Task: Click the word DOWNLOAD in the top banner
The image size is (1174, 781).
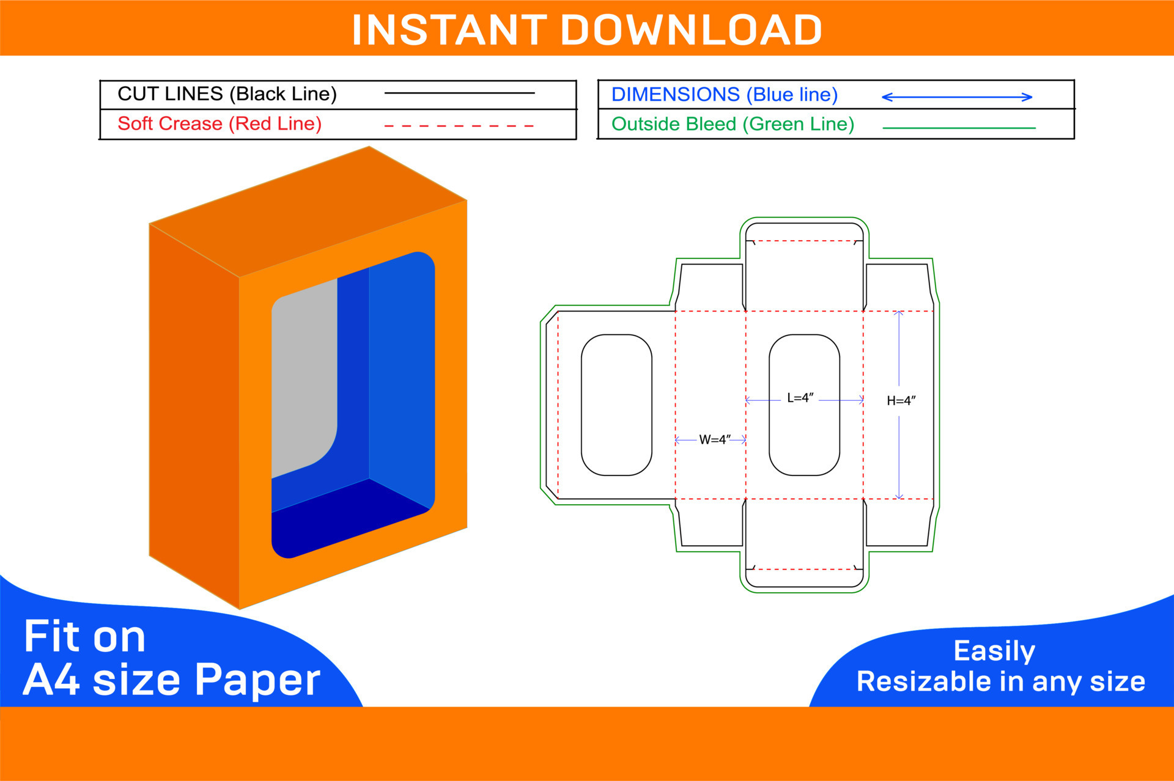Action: pyautogui.click(x=691, y=30)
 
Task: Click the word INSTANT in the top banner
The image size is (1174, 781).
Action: pyautogui.click(x=449, y=30)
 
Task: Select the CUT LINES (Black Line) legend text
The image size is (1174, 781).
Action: pyautogui.click(x=227, y=94)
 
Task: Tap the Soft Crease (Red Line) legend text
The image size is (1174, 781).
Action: pyautogui.click(x=220, y=124)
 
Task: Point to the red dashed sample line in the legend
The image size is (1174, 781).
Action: pyautogui.click(x=459, y=126)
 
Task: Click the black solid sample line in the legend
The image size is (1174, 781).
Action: pyautogui.click(x=459, y=93)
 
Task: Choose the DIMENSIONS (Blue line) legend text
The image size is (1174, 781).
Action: pyautogui.click(x=725, y=95)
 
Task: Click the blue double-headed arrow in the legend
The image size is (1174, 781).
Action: pyautogui.click(x=957, y=97)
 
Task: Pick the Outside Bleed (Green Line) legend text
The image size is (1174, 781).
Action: pyautogui.click(x=733, y=125)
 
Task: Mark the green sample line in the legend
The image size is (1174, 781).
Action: pyautogui.click(x=959, y=128)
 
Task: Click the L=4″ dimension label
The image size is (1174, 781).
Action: pyautogui.click(x=800, y=398)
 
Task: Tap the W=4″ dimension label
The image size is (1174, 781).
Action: pyautogui.click(x=714, y=440)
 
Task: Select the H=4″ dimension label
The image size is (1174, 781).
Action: pyautogui.click(x=901, y=401)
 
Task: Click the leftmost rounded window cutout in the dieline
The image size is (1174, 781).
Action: pyautogui.click(x=616, y=405)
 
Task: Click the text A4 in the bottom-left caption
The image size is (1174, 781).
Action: pyautogui.click(x=51, y=680)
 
